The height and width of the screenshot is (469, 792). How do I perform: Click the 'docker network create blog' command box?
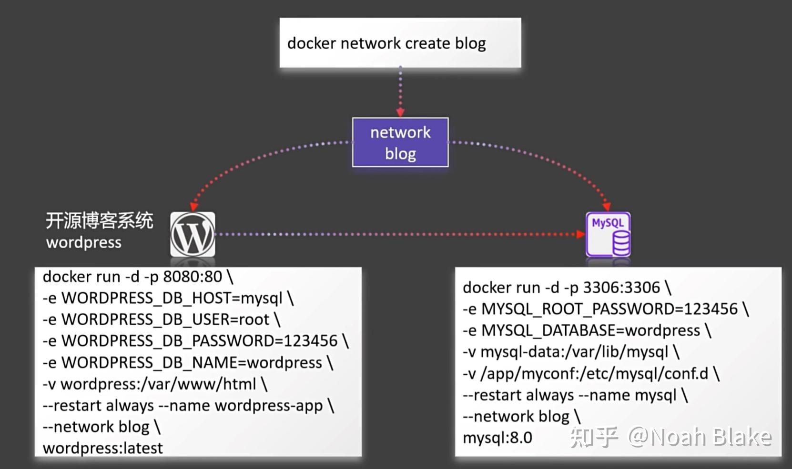tap(400, 43)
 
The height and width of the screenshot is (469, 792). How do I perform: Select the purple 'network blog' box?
tap(400, 142)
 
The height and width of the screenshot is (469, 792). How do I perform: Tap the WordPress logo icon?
tap(193, 234)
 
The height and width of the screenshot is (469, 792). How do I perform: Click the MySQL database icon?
tap(608, 234)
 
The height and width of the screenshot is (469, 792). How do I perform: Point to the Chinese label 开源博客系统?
tap(99, 221)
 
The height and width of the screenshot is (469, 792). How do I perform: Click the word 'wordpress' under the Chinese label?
tap(84, 242)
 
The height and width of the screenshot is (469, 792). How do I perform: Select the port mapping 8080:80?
tap(193, 277)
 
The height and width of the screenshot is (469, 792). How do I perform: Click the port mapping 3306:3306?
tap(621, 288)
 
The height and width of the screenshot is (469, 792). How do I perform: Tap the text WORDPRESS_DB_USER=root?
tap(165, 319)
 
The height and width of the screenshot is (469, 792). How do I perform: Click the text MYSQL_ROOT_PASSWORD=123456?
tap(609, 309)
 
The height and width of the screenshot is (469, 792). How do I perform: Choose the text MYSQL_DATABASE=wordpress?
tap(591, 330)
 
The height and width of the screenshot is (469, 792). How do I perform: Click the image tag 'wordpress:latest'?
tap(103, 448)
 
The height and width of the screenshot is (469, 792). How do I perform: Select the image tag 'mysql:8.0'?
tap(498, 438)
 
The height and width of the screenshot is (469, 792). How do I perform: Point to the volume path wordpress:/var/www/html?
tap(158, 384)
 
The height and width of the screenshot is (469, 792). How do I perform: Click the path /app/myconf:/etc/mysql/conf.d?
tap(594, 374)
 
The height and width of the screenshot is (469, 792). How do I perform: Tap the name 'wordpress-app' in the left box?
tap(269, 406)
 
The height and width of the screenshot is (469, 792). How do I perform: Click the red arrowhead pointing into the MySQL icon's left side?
tap(580, 234)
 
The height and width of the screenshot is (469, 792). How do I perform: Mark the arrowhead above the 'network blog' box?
tap(400, 112)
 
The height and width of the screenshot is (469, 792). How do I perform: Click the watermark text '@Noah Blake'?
tap(700, 437)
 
